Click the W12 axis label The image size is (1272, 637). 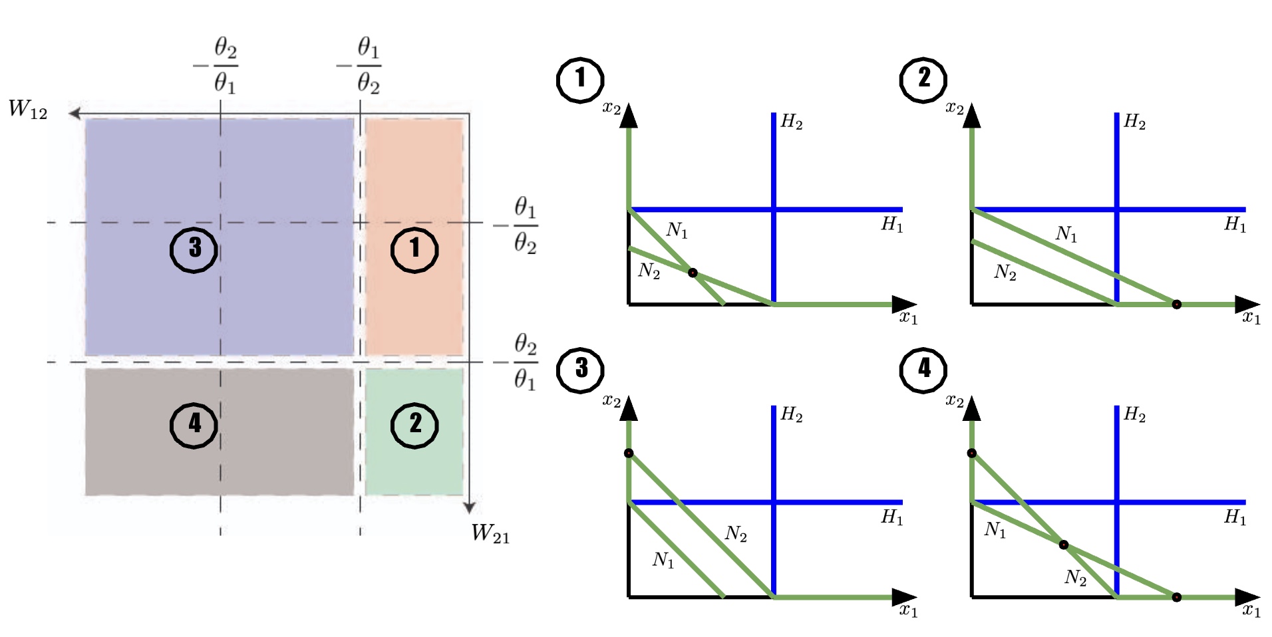[x=28, y=109]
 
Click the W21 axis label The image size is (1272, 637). [x=490, y=533]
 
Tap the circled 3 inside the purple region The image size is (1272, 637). [x=194, y=249]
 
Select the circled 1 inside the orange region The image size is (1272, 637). [x=414, y=249]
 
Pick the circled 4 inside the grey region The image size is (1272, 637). [x=194, y=424]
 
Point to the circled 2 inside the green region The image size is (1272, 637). [x=414, y=424]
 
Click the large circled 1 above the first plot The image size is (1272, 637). [x=580, y=80]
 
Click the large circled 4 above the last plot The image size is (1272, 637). [x=923, y=369]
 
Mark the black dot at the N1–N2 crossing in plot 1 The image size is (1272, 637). [x=693, y=273]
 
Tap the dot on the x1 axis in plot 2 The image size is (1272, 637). [x=1176, y=305]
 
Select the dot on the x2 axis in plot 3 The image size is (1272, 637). [x=629, y=453]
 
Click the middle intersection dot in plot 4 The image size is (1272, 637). [x=1063, y=545]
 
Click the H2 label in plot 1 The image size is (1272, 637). [x=792, y=122]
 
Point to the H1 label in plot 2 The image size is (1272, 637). [x=1235, y=225]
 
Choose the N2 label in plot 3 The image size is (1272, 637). [x=736, y=533]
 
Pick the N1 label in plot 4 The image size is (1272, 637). [x=995, y=530]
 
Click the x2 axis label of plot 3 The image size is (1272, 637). [x=611, y=401]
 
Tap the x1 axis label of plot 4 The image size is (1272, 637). [x=1251, y=610]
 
